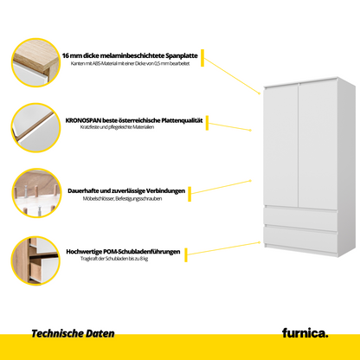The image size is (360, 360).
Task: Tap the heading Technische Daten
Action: tap(73, 333)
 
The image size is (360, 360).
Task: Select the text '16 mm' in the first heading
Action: tap(72, 55)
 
